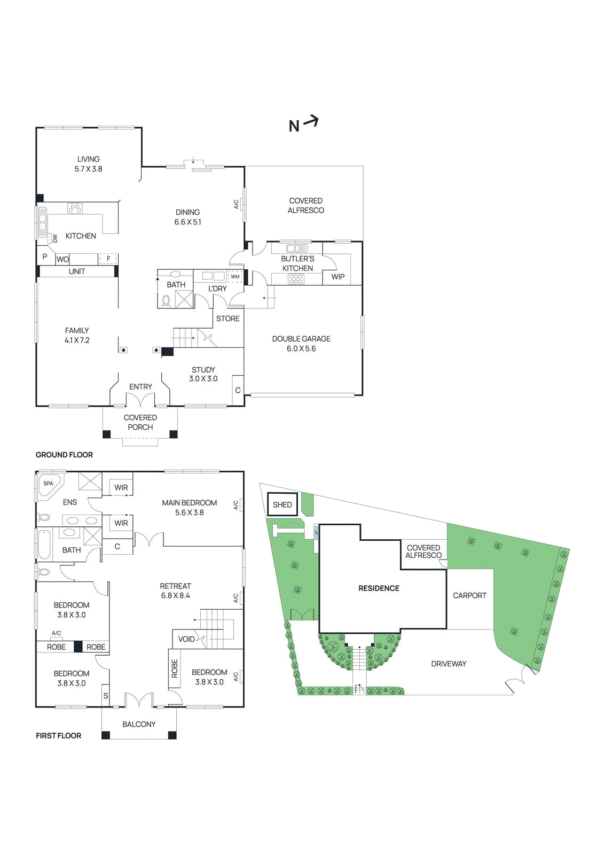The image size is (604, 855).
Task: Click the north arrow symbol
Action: click(x=303, y=125)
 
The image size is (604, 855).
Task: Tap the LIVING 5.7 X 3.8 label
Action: click(x=88, y=164)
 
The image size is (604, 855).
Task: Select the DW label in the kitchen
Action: click(x=54, y=238)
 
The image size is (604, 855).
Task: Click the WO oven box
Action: click(x=62, y=259)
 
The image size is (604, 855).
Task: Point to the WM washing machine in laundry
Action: click(x=235, y=277)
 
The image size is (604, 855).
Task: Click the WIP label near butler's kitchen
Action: click(x=338, y=277)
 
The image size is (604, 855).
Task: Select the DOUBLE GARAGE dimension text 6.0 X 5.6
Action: click(x=301, y=348)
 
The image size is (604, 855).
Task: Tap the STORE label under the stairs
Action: click(x=228, y=318)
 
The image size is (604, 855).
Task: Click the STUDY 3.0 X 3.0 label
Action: click(x=203, y=374)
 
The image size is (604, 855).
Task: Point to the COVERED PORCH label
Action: click(x=140, y=422)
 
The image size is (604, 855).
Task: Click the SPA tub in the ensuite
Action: click(x=49, y=485)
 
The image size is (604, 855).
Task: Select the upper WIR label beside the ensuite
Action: click(x=121, y=487)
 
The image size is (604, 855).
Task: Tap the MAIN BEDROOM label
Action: click(x=189, y=503)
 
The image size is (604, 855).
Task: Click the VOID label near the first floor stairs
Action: click(x=186, y=639)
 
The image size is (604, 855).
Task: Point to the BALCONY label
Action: click(x=139, y=724)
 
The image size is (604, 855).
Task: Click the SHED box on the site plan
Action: click(x=282, y=504)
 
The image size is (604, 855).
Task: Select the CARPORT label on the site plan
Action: click(x=469, y=595)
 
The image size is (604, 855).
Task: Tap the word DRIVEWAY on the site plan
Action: click(x=449, y=664)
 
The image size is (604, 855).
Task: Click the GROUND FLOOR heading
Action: click(x=64, y=455)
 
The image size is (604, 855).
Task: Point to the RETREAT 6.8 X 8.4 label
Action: click(x=175, y=590)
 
